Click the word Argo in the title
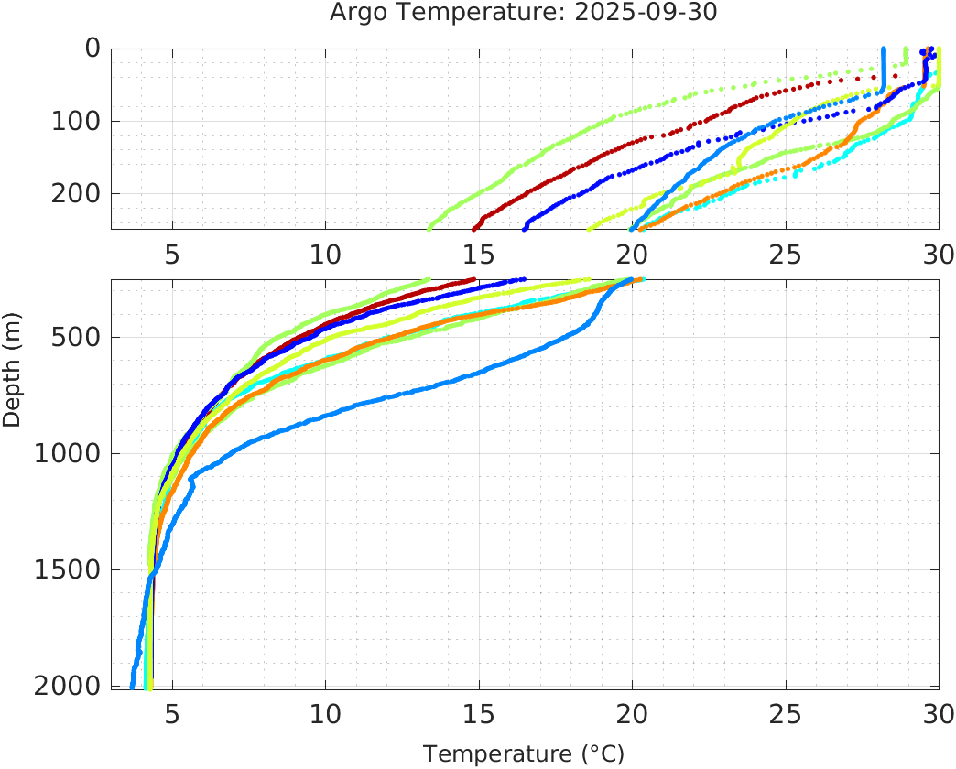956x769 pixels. (353, 15)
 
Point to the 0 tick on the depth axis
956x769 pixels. (93, 49)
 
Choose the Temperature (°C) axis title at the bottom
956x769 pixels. (524, 754)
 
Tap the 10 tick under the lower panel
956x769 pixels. (325, 712)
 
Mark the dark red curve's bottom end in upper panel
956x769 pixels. (474, 228)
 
